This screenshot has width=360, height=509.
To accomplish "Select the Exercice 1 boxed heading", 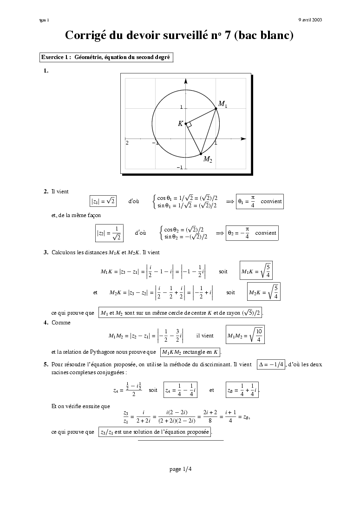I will click(x=106, y=57).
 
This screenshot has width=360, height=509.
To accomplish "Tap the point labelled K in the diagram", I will click(x=186, y=124).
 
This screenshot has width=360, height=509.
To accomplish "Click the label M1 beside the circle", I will click(x=223, y=104).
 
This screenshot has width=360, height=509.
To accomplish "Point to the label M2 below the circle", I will click(x=208, y=159).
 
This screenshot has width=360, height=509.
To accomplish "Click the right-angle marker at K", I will click(x=189, y=125).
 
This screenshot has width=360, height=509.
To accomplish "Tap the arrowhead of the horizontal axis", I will click(x=243, y=139).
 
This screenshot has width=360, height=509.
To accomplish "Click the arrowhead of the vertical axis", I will click(x=185, y=81).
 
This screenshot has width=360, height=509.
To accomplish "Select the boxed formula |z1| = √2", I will click(x=103, y=201).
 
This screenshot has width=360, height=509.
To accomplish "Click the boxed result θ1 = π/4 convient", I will click(x=259, y=201).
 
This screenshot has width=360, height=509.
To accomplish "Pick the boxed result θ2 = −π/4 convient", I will click(x=252, y=233).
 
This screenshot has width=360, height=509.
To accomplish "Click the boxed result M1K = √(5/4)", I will click(x=256, y=271).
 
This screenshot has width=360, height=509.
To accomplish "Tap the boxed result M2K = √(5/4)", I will click(x=263, y=292).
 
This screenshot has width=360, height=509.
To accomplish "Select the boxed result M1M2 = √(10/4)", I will click(x=245, y=335).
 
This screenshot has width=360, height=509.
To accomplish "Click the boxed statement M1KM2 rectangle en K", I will click(x=190, y=352).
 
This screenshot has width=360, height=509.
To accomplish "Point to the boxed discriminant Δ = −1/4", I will click(x=271, y=365).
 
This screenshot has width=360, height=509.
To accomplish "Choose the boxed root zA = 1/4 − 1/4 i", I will click(x=181, y=390).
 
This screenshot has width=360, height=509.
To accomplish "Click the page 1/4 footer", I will click(x=180, y=469).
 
